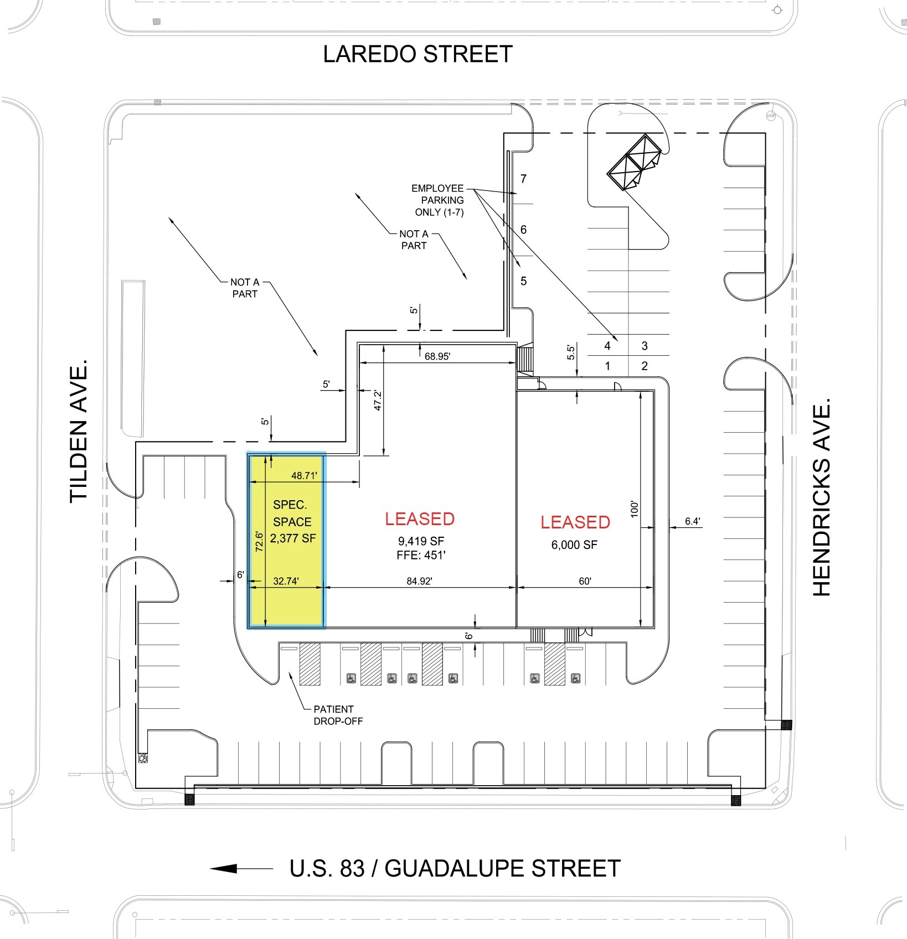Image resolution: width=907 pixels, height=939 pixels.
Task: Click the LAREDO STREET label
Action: click(x=418, y=54)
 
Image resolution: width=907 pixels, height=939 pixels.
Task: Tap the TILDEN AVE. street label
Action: click(x=80, y=431)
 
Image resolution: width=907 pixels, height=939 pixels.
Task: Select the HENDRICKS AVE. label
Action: click(x=822, y=497)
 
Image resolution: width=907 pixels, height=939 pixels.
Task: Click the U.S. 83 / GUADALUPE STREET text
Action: click(x=455, y=868)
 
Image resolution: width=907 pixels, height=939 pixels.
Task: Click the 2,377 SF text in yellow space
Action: click(x=292, y=538)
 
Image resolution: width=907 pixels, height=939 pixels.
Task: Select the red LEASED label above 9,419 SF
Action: click(x=420, y=519)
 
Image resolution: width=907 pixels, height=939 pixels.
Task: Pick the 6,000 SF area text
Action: click(x=574, y=545)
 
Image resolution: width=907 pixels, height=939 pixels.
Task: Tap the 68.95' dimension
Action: click(x=437, y=356)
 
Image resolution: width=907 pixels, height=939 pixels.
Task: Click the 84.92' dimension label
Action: click(x=419, y=581)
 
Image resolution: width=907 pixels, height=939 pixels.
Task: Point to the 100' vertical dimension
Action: click(x=635, y=509)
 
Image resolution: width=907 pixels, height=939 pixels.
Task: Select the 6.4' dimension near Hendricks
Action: click(x=692, y=521)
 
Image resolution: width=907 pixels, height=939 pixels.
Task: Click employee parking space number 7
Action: click(x=523, y=179)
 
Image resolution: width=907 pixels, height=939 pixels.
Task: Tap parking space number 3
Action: click(x=645, y=346)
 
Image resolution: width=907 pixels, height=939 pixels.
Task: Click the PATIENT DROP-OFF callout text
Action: click(x=337, y=715)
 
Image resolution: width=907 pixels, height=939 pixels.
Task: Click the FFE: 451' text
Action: click(x=421, y=555)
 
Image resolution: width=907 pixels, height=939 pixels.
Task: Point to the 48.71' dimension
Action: click(x=304, y=475)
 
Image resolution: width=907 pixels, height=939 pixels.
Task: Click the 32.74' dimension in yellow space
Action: click(x=286, y=581)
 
